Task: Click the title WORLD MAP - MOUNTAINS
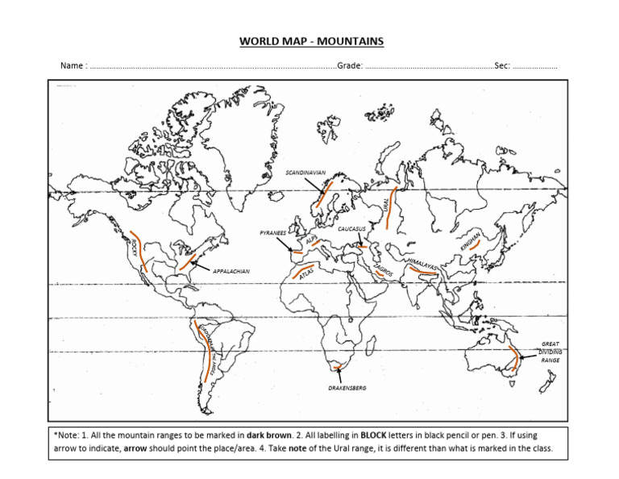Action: (309, 41)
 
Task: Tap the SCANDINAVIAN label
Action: (305, 173)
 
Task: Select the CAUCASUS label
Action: (353, 229)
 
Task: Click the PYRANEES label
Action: (272, 233)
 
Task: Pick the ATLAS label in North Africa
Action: (306, 275)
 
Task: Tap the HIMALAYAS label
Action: (424, 265)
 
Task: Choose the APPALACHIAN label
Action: (231, 272)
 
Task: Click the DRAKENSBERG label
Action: (347, 388)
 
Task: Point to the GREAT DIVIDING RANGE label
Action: (550, 352)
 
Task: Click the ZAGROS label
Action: (383, 270)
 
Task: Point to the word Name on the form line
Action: (72, 66)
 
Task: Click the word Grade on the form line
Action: (349, 66)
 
